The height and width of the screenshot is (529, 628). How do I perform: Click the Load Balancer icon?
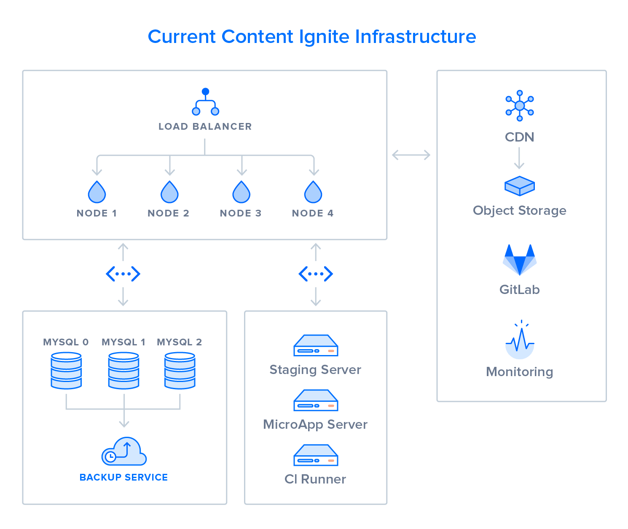[205, 102]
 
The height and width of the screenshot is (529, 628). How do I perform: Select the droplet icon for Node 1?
[97, 192]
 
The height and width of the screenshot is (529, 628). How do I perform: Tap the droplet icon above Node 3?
[241, 192]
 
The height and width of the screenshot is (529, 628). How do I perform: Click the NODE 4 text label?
[313, 213]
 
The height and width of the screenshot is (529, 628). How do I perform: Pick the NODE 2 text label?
[168, 213]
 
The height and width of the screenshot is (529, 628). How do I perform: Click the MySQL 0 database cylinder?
[66, 371]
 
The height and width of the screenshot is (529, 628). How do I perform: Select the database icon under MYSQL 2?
[180, 371]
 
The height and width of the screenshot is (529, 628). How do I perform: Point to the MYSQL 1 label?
[123, 342]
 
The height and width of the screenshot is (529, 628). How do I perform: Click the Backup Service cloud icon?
[124, 452]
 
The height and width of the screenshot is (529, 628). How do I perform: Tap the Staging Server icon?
[316, 345]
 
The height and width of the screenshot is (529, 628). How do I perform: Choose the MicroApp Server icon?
[316, 400]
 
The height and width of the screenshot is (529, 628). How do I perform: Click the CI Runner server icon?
[316, 455]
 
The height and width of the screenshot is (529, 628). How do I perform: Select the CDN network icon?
[520, 106]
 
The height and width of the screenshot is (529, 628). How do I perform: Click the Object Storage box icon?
[520, 186]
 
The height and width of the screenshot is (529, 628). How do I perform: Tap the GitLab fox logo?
[520, 259]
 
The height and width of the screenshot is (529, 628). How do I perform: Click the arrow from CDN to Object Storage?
[519, 158]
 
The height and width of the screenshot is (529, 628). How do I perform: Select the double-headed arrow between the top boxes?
[411, 155]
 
